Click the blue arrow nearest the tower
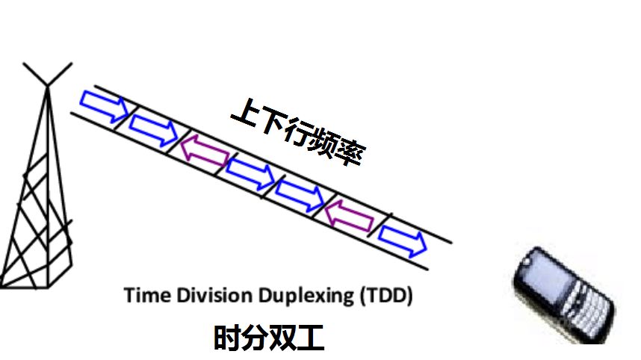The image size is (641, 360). coord(105,106)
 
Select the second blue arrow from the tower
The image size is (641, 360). coord(153,129)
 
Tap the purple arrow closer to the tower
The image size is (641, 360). coord(205,150)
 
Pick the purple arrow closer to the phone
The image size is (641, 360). coord(349,216)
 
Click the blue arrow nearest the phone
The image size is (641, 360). coord(402,240)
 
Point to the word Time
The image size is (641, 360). coord(147,295)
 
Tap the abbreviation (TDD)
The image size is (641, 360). coord(386,296)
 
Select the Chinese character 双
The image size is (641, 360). coord(283,337)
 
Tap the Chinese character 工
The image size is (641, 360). coord(311,338)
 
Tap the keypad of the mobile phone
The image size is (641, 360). coord(588,308)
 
